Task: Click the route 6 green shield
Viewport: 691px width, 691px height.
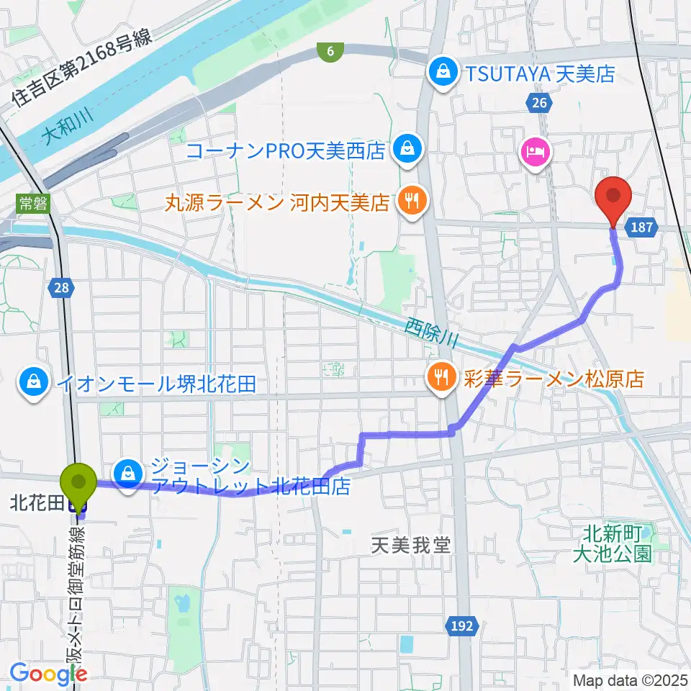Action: click(330, 50)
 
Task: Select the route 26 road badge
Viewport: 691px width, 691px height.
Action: click(539, 104)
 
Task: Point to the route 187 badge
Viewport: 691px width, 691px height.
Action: click(643, 227)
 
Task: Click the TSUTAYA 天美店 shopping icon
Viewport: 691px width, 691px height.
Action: click(441, 73)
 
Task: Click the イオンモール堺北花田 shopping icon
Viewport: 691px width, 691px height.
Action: click(33, 382)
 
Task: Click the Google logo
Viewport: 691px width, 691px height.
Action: click(48, 674)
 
